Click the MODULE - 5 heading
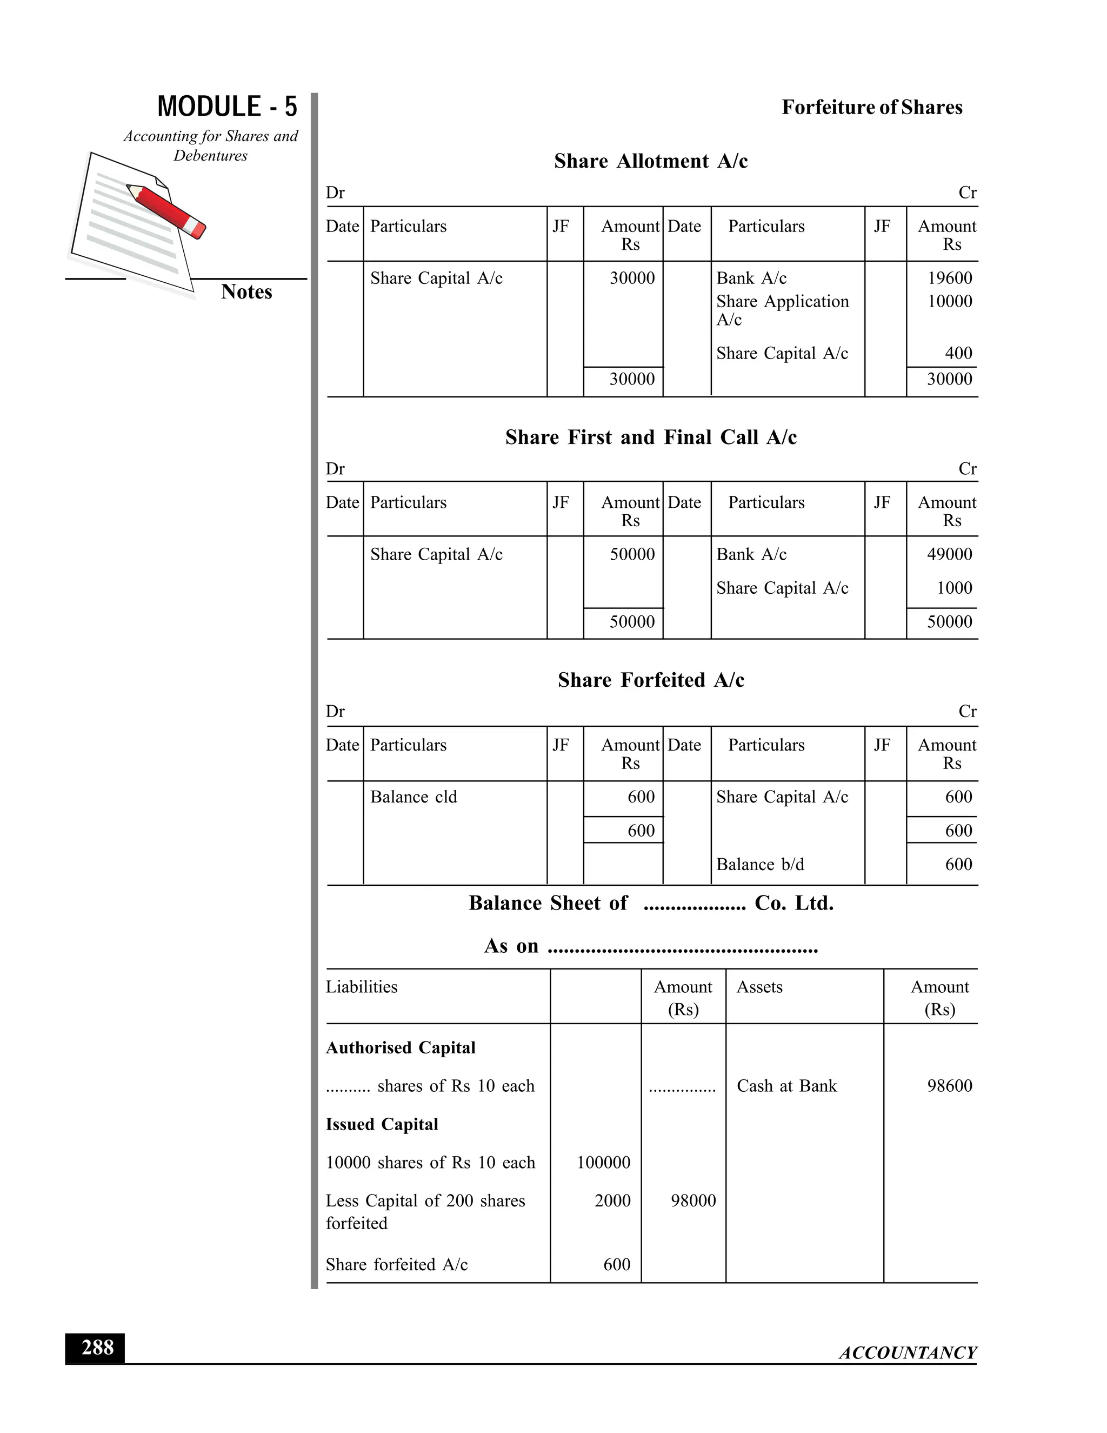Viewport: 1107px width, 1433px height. pos(227,107)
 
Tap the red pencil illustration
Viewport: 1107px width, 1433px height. pos(167,210)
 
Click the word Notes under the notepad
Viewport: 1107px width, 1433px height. pos(246,291)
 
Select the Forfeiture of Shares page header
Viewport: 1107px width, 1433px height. pos(871,108)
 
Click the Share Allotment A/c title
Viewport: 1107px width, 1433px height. pos(651,161)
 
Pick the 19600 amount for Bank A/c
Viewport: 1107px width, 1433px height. pos(949,278)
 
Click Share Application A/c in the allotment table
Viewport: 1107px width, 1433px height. pos(782,310)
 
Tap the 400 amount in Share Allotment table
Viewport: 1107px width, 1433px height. pos(958,354)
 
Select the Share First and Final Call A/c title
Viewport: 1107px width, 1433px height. pos(651,437)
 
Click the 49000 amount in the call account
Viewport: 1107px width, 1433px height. pos(949,554)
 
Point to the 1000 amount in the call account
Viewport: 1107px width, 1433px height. pos(953,588)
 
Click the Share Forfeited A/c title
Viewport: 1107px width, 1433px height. pos(651,680)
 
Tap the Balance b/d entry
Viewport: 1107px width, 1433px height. pos(759,865)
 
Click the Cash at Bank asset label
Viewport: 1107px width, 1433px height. pos(786,1086)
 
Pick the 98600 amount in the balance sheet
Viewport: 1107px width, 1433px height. pos(949,1086)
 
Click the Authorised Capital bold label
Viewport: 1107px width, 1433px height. pos(400,1048)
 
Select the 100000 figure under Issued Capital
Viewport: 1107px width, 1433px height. pos(603,1163)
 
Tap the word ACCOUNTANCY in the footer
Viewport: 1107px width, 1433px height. pos(908,1353)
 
